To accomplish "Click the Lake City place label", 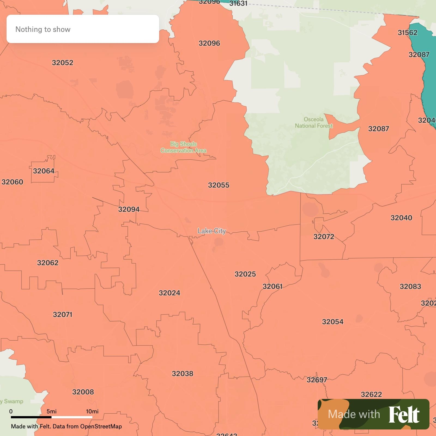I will coord(212,231).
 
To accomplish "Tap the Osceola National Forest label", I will coord(314,123).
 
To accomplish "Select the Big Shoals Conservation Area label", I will coord(183,147).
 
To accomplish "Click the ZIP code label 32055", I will coord(219,185).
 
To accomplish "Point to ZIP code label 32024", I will coord(169,293).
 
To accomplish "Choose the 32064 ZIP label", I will coord(44,171).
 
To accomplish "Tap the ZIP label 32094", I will coord(129,209).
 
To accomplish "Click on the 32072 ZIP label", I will coord(324,237).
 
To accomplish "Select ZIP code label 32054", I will coord(333,322).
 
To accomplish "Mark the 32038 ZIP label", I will coord(183,374).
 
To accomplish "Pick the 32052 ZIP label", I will coord(63,63).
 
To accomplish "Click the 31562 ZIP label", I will coord(407,33).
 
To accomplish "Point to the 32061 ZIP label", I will coord(272,286).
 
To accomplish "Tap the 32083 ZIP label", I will coord(410,286).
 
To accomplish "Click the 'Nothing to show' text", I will coord(43,29).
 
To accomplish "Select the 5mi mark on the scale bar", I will coord(52,411).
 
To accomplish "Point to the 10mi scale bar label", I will coord(92,411).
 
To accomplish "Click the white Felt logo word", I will coord(404,414).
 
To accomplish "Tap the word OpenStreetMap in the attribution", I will coord(101,426).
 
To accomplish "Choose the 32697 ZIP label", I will coord(317,380).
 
